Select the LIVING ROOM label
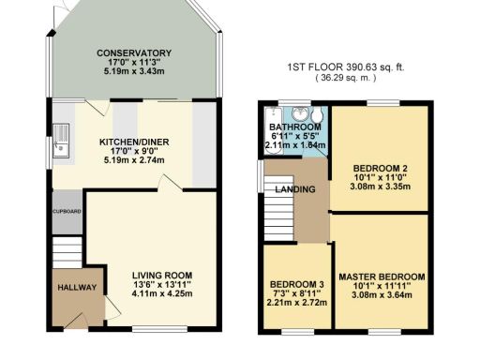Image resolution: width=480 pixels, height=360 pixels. pos(157,275)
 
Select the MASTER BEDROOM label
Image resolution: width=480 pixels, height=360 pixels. pos(382,277)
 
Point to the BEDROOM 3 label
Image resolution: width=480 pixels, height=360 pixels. pos(296,285)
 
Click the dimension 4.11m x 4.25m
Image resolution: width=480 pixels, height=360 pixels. pos(157,293)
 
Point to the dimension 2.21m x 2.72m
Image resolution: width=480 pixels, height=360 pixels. pos(296,305)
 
